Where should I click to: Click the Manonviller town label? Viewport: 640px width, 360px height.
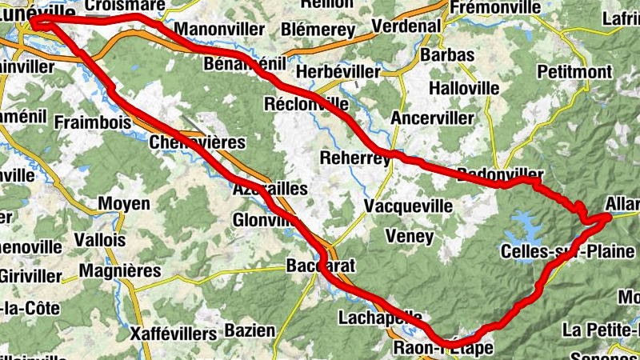tap(218, 30)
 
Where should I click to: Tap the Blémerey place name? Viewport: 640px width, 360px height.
tap(318, 30)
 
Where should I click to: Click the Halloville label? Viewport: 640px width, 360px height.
tap(464, 88)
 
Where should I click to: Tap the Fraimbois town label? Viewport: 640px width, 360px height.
tap(92, 123)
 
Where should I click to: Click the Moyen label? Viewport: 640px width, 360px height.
tap(123, 204)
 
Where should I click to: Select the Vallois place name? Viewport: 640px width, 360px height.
tap(99, 239)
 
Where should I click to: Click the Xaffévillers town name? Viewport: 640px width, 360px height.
tap(173, 332)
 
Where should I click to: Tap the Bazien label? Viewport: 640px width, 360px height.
tap(250, 330)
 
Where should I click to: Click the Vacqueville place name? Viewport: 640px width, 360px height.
tap(408, 206)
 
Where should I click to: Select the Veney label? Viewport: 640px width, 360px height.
tap(409, 237)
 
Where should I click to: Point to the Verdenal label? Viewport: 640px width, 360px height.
tap(406, 26)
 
